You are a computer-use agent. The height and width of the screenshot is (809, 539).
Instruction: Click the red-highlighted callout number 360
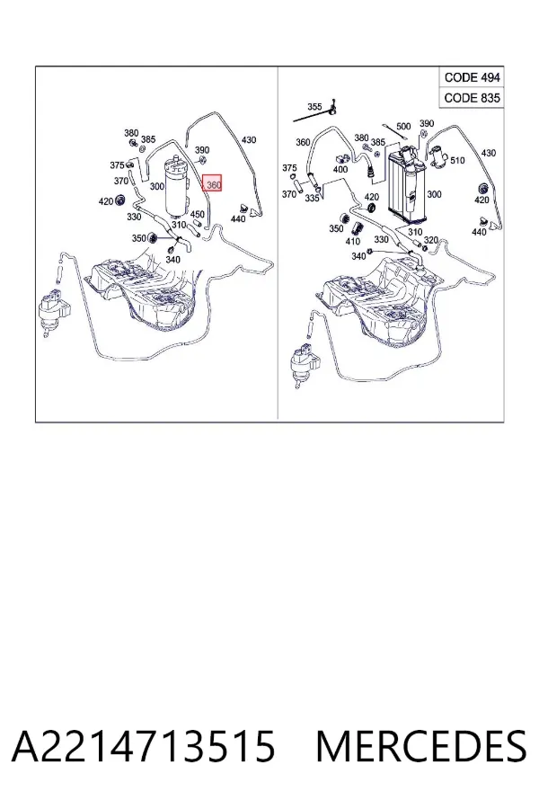212,182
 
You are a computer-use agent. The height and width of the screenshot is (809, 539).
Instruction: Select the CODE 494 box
472,77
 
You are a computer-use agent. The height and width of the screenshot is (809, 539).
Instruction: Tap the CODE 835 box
472,97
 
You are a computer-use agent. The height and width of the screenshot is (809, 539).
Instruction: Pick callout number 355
314,107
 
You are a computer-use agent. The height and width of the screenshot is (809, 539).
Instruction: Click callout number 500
403,127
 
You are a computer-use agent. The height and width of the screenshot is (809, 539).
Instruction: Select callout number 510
457,161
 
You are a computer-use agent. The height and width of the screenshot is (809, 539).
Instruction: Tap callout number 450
197,215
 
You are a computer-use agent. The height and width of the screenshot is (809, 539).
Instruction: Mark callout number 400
340,169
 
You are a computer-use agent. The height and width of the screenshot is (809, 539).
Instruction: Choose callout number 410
353,241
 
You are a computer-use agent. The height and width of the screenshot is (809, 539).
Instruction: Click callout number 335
312,198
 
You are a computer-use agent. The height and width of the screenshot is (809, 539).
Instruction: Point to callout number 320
430,240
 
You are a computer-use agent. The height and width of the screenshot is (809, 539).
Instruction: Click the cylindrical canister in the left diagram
175,186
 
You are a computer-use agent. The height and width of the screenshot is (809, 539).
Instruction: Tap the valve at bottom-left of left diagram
54,311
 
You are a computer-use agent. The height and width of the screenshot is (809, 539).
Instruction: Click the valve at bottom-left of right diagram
305,365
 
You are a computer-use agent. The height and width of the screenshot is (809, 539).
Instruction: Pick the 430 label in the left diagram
249,140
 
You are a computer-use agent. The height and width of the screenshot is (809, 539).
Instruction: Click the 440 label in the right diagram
479,232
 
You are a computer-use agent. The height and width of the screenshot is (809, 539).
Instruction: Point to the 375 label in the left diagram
117,165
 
